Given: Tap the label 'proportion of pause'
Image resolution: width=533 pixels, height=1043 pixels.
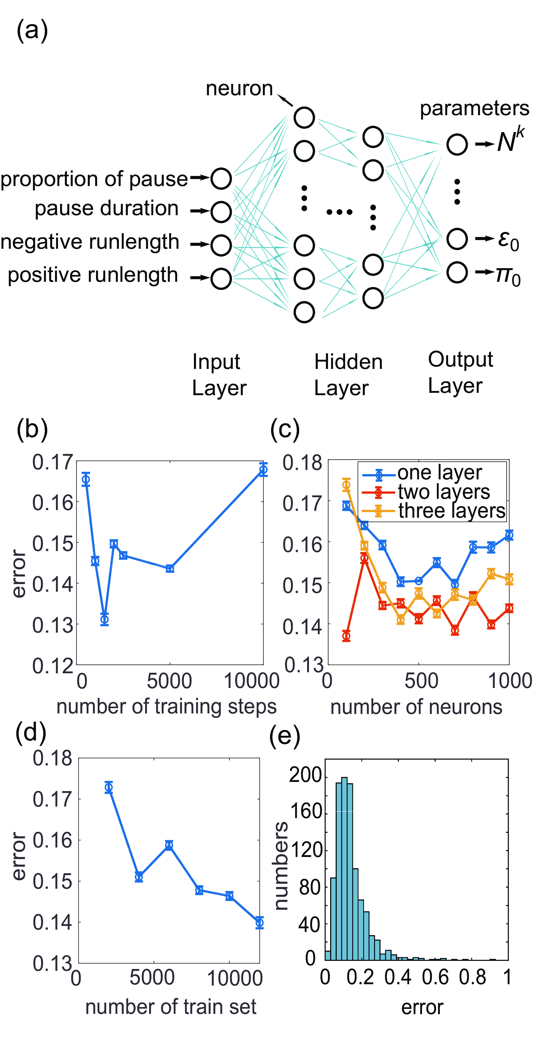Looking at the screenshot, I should point(94,179).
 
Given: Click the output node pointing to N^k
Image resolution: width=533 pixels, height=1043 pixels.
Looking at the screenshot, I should point(457,145).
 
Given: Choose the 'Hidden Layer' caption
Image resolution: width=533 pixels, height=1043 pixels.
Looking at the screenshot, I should point(348,374).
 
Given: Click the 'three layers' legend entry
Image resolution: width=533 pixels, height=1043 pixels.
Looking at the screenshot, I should point(452,511).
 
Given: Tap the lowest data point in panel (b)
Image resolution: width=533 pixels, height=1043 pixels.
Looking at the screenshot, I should point(104,619).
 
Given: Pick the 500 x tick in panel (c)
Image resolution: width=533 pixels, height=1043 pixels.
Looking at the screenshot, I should point(421,681).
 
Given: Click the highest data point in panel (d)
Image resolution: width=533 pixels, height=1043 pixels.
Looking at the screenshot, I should point(109,787).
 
